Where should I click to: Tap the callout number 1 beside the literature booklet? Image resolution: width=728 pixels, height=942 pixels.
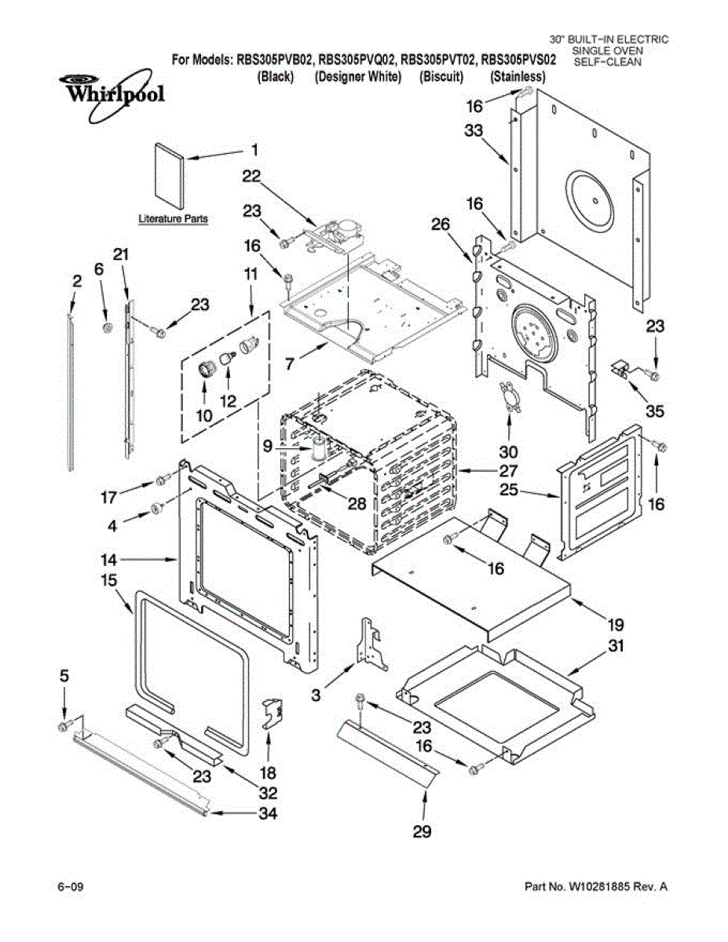(x=255, y=151)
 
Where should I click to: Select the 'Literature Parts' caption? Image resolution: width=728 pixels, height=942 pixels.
(x=173, y=219)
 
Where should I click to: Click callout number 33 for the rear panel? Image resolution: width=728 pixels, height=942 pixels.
(x=474, y=130)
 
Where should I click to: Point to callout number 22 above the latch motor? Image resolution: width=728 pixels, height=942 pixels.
(x=251, y=176)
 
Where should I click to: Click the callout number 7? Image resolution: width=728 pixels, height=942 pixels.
(x=289, y=363)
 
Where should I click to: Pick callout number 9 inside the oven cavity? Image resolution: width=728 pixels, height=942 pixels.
(x=268, y=446)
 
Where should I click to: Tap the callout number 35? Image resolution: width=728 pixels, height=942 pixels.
(x=655, y=411)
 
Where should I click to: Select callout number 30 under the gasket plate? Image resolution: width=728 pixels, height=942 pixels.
(x=508, y=451)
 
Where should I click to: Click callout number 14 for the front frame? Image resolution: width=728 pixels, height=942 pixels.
(x=109, y=560)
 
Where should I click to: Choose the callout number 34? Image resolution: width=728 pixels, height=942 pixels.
(x=268, y=814)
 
